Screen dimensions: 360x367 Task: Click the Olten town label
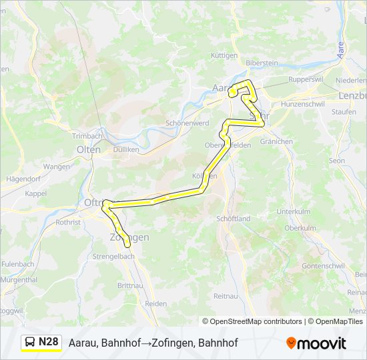(89, 149)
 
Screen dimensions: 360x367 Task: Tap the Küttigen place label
(225, 55)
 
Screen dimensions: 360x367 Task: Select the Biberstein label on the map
(262, 63)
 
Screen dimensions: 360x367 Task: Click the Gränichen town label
(276, 141)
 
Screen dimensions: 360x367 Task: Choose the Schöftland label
(233, 219)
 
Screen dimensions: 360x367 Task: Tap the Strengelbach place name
(115, 256)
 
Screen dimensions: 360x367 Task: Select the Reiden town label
(155, 303)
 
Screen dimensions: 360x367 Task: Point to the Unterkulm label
(294, 211)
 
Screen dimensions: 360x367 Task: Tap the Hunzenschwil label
(302, 104)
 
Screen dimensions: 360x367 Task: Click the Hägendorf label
(23, 179)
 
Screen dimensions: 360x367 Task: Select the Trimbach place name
(86, 135)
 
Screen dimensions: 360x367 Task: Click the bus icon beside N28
(31, 343)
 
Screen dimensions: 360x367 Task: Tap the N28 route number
(48, 342)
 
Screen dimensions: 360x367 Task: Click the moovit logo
(316, 343)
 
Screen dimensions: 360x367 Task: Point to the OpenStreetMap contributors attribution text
(252, 321)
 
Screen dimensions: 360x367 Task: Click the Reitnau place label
(226, 295)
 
